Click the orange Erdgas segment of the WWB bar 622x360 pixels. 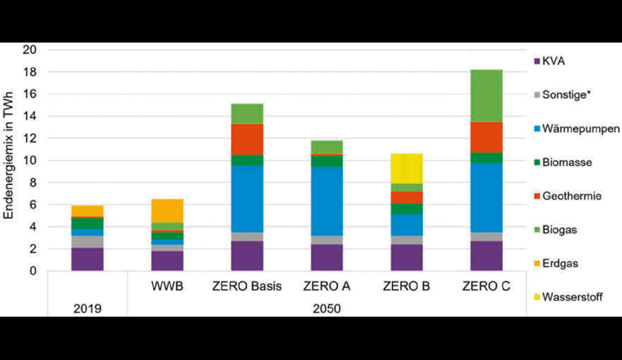[x=168, y=210]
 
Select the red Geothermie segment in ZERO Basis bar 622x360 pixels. [x=246, y=139]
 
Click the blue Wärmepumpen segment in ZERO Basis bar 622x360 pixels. [x=246, y=199]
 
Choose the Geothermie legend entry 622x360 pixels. [x=567, y=196]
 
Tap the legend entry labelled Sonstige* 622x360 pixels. [x=565, y=95]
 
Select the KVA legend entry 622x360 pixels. [x=553, y=61]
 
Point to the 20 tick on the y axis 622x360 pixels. [x=31, y=50]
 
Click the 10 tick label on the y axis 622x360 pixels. [x=31, y=160]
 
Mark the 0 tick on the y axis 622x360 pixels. [x=34, y=271]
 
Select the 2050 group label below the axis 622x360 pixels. [x=325, y=309]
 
